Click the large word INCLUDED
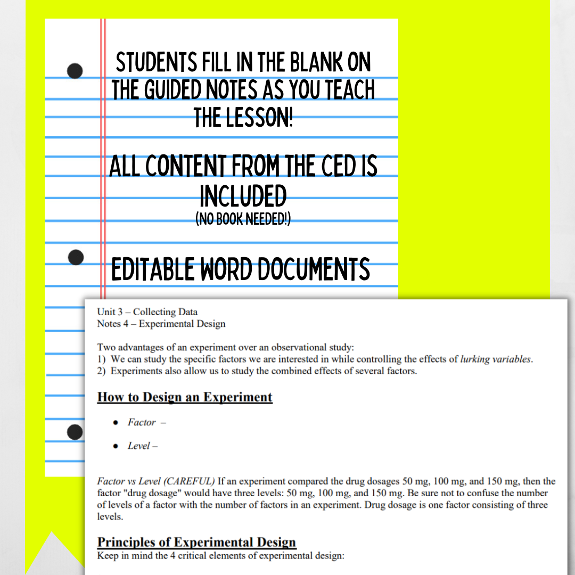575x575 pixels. pyautogui.click(x=243, y=198)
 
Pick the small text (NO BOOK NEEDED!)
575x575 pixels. pyautogui.click(x=243, y=219)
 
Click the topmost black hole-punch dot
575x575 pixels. pyautogui.click(x=75, y=71)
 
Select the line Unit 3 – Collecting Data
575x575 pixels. pyautogui.click(x=147, y=312)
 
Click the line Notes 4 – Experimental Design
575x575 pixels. pyautogui.click(x=161, y=324)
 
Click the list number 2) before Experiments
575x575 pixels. pyautogui.click(x=102, y=371)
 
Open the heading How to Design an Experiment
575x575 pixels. pyautogui.click(x=185, y=397)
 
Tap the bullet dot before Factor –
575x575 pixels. pyautogui.click(x=116, y=422)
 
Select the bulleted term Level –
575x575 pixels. pyautogui.click(x=142, y=446)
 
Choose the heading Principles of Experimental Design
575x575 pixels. pyautogui.click(x=196, y=543)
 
